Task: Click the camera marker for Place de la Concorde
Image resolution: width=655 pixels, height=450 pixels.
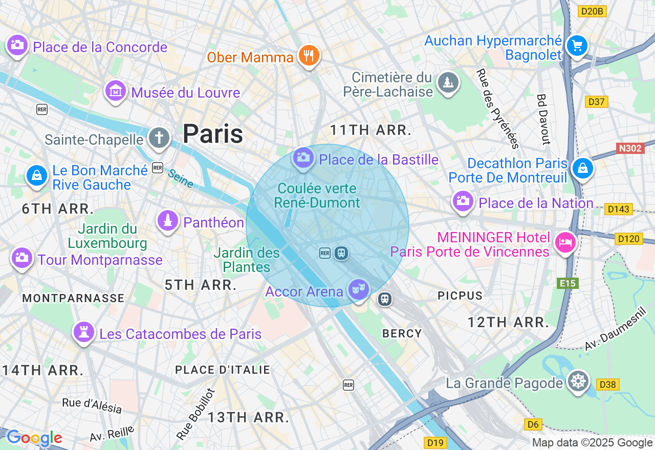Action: (x=17, y=45)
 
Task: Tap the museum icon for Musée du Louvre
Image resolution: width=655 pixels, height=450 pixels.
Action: (x=116, y=91)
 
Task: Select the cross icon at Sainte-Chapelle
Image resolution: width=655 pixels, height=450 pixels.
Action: (x=159, y=138)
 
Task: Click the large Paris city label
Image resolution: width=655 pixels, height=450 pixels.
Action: (x=213, y=134)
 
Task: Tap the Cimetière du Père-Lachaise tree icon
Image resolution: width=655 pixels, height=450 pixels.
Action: (x=448, y=82)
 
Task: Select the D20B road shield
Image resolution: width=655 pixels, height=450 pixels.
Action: (x=592, y=11)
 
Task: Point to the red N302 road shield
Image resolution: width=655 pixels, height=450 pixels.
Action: (x=629, y=148)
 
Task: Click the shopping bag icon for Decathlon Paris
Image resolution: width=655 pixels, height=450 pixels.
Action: (x=582, y=168)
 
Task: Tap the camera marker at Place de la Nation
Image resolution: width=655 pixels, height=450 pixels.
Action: (x=463, y=200)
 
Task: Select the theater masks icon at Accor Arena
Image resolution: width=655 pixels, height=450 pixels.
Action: (x=358, y=289)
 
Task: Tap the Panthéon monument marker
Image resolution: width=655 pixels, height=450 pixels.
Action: (x=167, y=221)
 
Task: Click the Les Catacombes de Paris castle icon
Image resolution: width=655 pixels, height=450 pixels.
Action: (x=84, y=332)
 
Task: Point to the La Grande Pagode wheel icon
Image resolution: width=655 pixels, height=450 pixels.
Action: (x=578, y=381)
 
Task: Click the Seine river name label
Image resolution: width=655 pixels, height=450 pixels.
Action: (x=180, y=178)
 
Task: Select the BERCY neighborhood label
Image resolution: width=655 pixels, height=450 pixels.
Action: (x=402, y=333)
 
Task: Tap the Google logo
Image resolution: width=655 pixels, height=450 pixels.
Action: (x=34, y=438)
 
